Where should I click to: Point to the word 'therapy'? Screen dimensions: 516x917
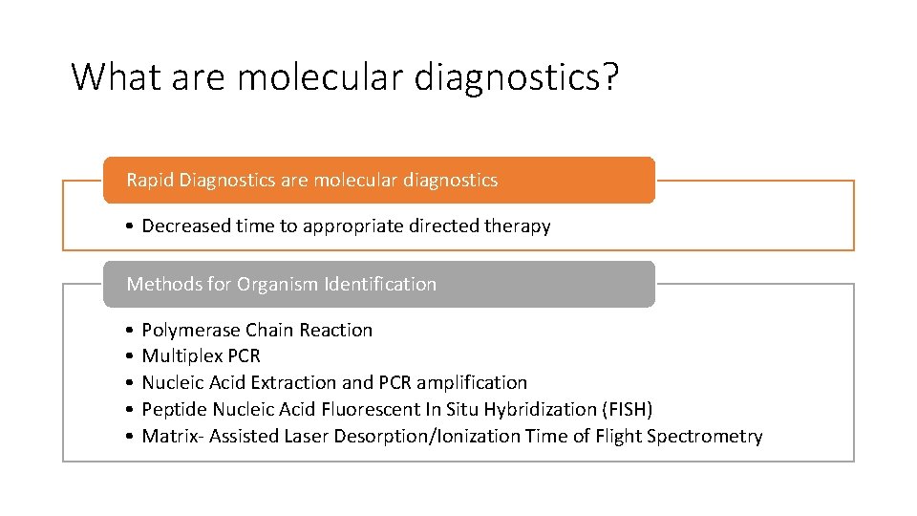pyautogui.click(x=519, y=226)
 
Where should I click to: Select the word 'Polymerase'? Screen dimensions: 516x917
pyautogui.click(x=191, y=331)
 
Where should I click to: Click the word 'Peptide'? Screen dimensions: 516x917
pyautogui.click(x=175, y=410)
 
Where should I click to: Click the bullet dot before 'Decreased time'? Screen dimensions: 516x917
pyautogui.click(x=128, y=227)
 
